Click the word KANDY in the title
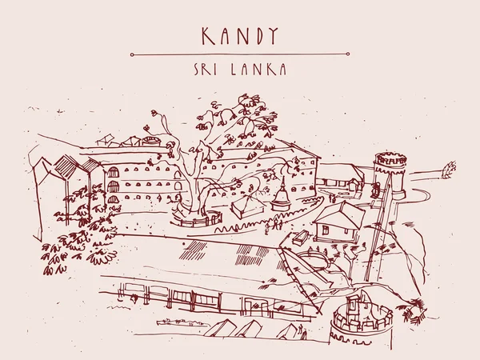[239, 35]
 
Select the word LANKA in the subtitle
[260, 70]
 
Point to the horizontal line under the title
[239, 54]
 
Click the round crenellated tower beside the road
[390, 172]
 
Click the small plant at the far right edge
[450, 169]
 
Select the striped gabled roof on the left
[68, 167]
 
